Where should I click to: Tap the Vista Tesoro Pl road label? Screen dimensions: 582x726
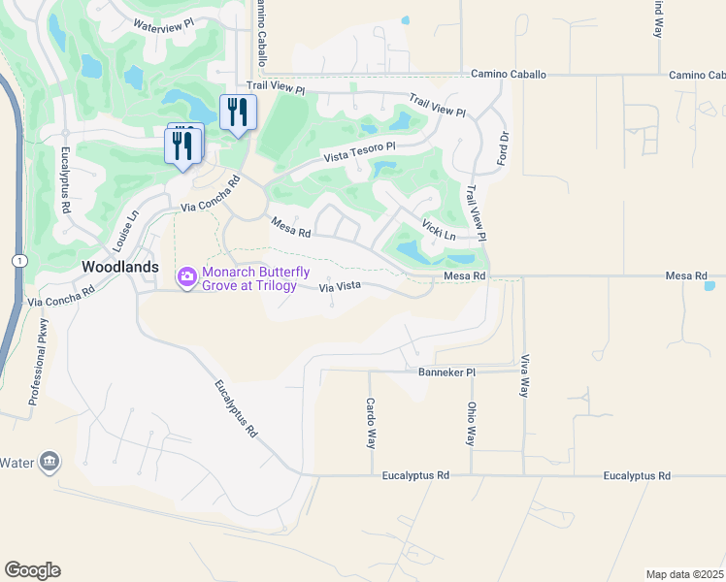(x=360, y=152)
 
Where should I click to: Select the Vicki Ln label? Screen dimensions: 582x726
(x=439, y=229)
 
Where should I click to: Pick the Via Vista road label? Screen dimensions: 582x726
(x=341, y=287)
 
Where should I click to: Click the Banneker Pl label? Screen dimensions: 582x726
(x=446, y=372)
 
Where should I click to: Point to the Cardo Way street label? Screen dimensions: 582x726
(x=371, y=423)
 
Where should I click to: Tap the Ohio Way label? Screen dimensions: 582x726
(x=472, y=424)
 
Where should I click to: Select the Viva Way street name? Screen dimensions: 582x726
(x=525, y=375)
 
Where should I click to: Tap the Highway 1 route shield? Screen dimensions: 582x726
(x=18, y=261)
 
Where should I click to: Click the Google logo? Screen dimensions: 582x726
(x=33, y=569)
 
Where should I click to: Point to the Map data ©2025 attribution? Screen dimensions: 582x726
(x=684, y=574)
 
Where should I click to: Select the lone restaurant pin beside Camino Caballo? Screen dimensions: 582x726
(x=238, y=112)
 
